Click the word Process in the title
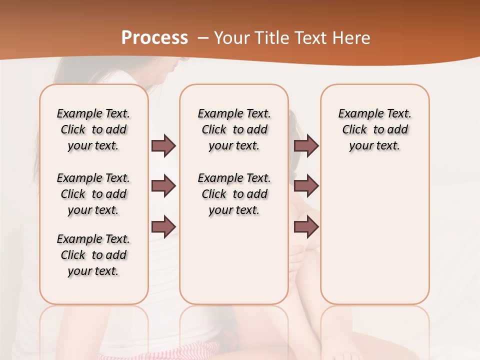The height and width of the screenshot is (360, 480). [x=154, y=38]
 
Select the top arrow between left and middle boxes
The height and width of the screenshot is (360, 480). [x=163, y=145]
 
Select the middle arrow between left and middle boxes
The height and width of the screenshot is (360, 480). [x=163, y=186]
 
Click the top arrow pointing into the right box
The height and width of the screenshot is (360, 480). [x=306, y=145]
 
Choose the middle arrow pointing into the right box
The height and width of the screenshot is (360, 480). [x=306, y=186]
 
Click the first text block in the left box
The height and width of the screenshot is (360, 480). [x=93, y=129]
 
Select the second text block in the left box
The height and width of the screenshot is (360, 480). [x=93, y=194]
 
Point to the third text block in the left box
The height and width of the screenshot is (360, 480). [x=93, y=255]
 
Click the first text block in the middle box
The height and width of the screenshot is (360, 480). [x=234, y=129]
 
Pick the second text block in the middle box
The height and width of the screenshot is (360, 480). [x=234, y=194]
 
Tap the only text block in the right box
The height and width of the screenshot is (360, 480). [x=375, y=129]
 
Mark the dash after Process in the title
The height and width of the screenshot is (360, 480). [x=203, y=38]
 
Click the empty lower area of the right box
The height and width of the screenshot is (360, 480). [x=375, y=240]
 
